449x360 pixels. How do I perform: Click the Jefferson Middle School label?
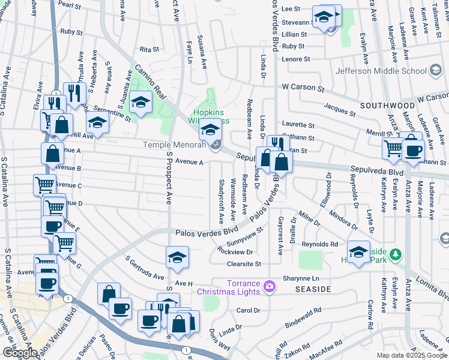pyautogui.click(x=381, y=70)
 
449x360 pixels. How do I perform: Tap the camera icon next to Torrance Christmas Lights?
pyautogui.click(x=270, y=287)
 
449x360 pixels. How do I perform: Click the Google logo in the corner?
pyautogui.click(x=20, y=353)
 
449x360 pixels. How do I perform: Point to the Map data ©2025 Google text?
pyautogui.click(x=412, y=355)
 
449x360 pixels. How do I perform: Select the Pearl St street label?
pyautogui.click(x=70, y=5)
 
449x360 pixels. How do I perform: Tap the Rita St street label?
pyautogui.click(x=147, y=49)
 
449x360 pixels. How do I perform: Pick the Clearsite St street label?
pyautogui.click(x=240, y=264)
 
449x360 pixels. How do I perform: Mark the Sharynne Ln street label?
pyautogui.click(x=316, y=278)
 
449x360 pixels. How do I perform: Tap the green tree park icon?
pyautogui.click(x=395, y=255)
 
